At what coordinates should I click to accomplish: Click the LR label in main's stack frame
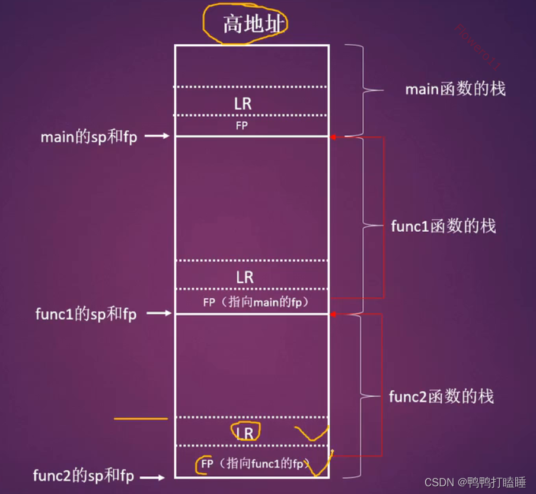243,104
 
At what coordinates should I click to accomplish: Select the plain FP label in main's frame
242,126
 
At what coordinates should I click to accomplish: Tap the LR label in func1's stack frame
244,277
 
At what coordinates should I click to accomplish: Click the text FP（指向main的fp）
256,302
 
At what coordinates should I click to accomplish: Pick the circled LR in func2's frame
245,433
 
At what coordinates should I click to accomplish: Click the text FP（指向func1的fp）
254,464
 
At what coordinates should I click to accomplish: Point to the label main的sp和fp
89,137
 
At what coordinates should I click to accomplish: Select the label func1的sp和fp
86,314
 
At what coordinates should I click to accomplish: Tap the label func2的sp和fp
83,476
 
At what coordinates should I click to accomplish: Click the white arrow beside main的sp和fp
157,136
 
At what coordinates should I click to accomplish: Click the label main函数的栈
455,90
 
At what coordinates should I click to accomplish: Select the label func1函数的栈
444,226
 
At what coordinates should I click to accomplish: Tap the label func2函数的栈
441,396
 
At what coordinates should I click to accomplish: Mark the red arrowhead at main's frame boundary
333,137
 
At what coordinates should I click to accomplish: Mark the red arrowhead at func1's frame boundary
333,314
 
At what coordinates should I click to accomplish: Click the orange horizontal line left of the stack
141,419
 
